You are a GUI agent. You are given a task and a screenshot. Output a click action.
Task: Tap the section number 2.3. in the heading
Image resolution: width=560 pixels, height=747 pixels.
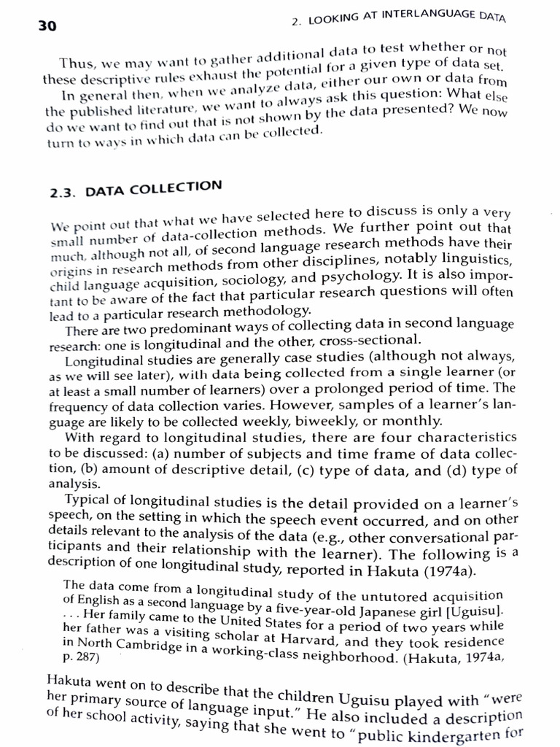pos(65,193)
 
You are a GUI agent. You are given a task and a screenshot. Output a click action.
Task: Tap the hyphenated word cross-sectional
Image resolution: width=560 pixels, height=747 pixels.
pos(372,338)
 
